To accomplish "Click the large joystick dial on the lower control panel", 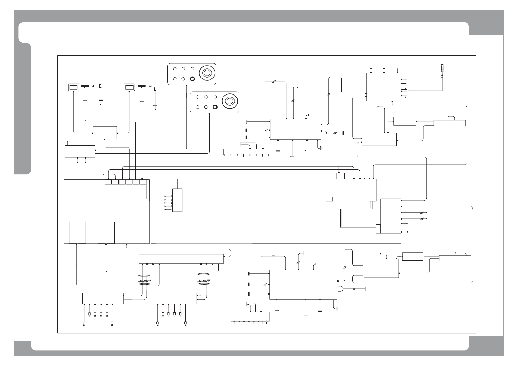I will (x=229, y=101).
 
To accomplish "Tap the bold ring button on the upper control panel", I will (x=192, y=78).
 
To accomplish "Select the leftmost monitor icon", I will (x=73, y=87).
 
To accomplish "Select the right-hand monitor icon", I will (x=129, y=87).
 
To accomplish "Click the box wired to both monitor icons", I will (x=105, y=133).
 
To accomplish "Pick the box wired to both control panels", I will (x=80, y=151).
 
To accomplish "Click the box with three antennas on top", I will (x=384, y=87).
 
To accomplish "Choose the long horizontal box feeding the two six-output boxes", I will (x=181, y=259).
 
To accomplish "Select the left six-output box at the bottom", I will (x=103, y=298).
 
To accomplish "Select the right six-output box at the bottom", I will (x=176, y=298).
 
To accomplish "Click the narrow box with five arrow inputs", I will (x=177, y=200).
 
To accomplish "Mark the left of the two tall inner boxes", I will (x=77, y=233).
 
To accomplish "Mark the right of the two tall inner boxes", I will (x=106, y=233).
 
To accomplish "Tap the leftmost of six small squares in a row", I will (x=108, y=182).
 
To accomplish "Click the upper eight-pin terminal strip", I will (x=247, y=152).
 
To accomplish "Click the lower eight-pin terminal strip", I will (x=250, y=316).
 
